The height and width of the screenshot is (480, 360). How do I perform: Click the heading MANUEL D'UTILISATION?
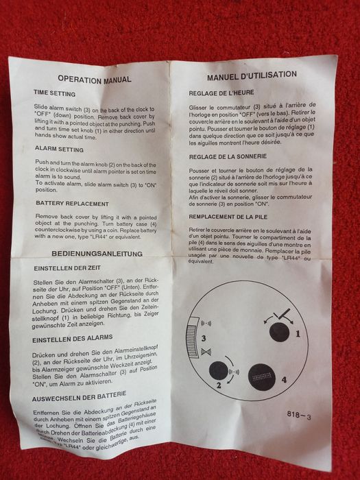[252, 75]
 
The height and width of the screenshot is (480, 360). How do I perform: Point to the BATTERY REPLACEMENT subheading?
[72, 204]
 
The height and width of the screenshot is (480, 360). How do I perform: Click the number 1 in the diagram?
[298, 334]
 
